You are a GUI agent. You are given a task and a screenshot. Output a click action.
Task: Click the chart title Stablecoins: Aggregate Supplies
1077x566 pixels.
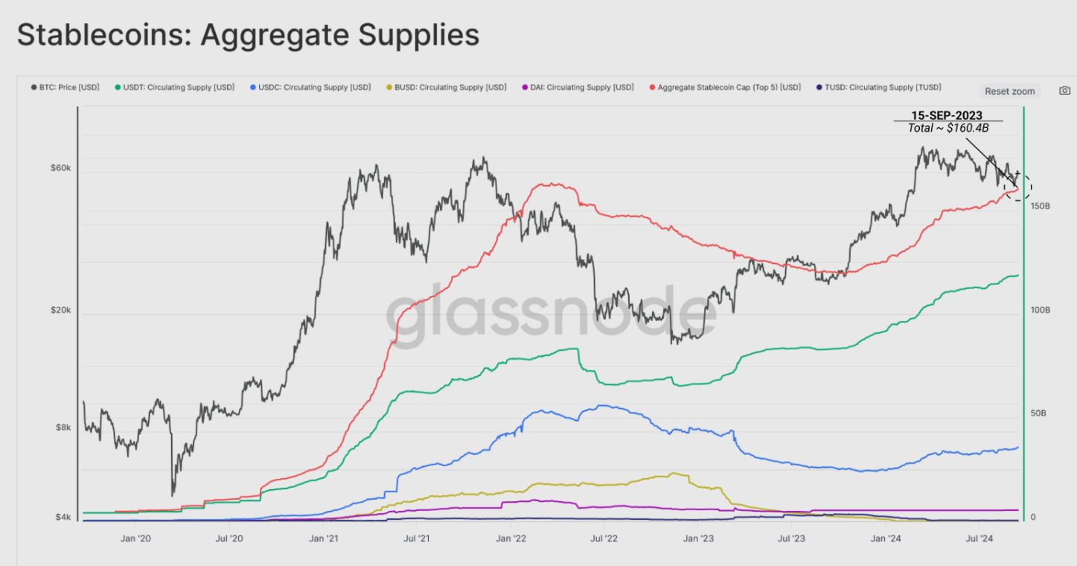(248, 35)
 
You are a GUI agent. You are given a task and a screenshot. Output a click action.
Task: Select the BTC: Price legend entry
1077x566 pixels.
(65, 87)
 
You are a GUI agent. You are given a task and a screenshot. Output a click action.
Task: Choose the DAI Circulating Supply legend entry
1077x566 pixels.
(578, 87)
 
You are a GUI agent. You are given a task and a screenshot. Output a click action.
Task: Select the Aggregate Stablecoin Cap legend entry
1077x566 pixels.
(725, 87)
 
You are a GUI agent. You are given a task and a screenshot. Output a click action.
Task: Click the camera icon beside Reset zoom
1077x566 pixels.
(1064, 91)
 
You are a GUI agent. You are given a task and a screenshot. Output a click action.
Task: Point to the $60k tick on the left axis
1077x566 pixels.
(61, 168)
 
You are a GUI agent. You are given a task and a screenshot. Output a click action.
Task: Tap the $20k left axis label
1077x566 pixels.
(61, 313)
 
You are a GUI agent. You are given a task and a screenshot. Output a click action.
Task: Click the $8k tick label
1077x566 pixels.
(63, 427)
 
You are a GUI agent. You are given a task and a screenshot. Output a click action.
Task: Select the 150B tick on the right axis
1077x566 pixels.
(1040, 205)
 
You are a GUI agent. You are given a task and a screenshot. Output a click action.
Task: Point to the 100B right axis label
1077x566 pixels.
(1040, 309)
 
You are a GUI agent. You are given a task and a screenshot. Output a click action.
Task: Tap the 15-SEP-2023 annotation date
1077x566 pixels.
(948, 115)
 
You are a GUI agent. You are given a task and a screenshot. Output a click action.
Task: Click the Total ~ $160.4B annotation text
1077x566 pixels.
(948, 128)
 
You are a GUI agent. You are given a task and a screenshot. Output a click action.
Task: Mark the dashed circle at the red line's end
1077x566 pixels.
(1017, 186)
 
